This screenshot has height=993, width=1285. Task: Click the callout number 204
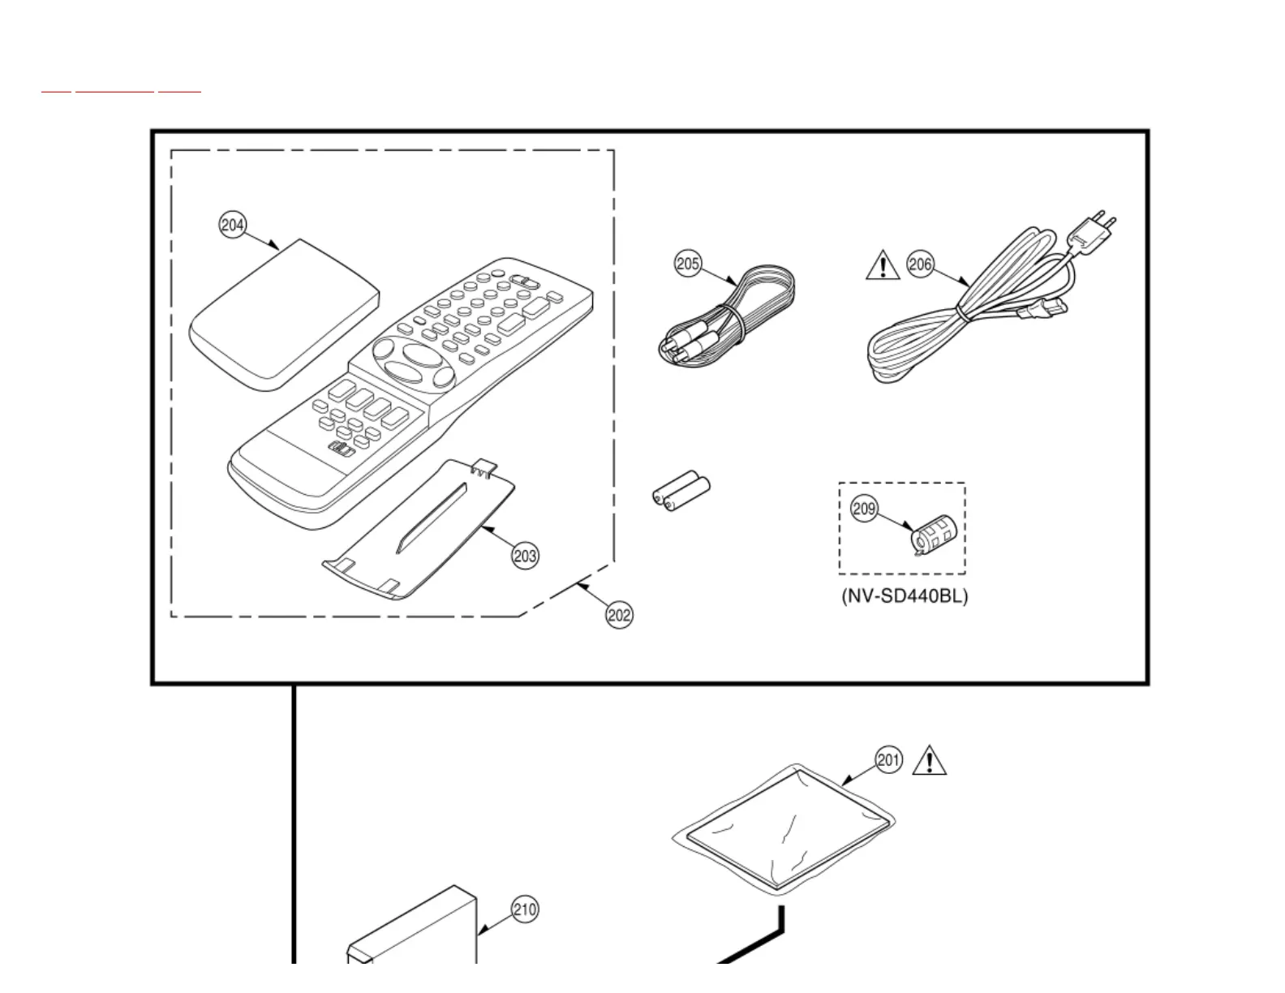[x=233, y=225]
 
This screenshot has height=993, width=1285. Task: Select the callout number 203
[x=525, y=556]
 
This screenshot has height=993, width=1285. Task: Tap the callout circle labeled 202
[x=619, y=615]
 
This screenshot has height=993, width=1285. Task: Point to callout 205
[x=688, y=264]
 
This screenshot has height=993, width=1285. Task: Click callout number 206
[x=920, y=264]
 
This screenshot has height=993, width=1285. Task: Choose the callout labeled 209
[x=864, y=509]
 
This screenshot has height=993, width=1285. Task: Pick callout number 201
[x=888, y=760]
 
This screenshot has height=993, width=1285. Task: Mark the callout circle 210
[x=525, y=909]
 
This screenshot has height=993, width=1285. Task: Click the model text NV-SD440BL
[x=905, y=596]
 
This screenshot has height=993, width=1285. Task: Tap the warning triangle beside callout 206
[x=883, y=266]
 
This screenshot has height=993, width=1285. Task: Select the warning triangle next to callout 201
[x=930, y=761]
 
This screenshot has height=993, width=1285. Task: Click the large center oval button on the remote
[x=419, y=356]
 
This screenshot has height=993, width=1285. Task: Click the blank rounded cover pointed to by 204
[x=284, y=316]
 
